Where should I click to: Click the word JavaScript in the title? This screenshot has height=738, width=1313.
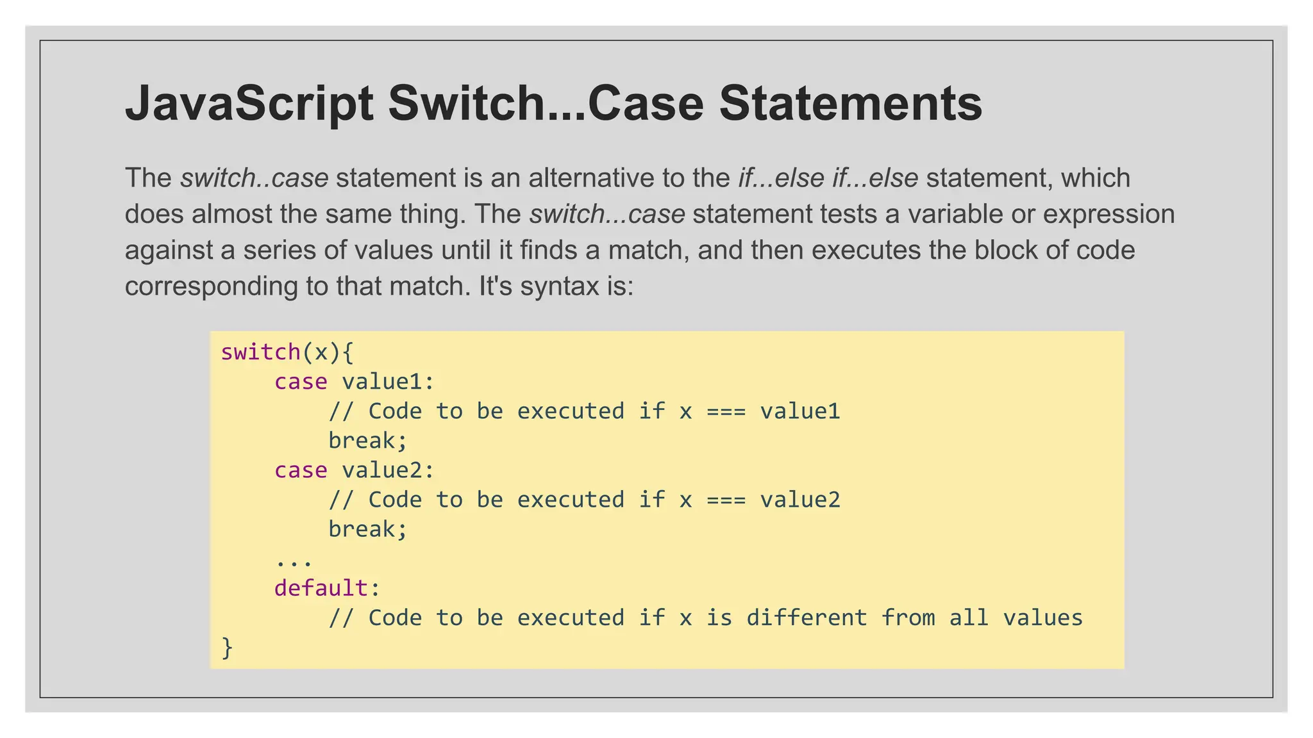click(249, 104)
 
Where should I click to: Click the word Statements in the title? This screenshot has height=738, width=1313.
click(850, 104)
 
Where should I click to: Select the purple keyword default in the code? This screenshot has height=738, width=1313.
click(321, 588)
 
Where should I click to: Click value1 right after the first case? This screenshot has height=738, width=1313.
click(382, 382)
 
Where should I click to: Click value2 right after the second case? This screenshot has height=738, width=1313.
click(382, 470)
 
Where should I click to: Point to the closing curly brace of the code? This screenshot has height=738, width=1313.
click(227, 647)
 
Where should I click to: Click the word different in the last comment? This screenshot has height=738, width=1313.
click(807, 618)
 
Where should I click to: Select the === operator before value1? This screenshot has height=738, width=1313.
click(726, 411)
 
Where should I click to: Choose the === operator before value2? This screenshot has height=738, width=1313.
click(726, 500)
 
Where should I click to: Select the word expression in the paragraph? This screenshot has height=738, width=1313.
click(1108, 214)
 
